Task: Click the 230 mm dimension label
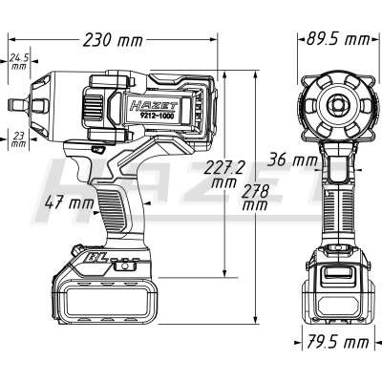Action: (x=113, y=40)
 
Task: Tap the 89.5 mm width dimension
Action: (x=338, y=40)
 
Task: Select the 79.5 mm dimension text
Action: (x=338, y=343)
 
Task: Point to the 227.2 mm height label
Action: (x=224, y=174)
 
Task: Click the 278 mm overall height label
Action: (x=255, y=199)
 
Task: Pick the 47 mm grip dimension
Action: (x=70, y=202)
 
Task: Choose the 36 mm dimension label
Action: (x=292, y=160)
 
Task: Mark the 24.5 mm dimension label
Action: (x=19, y=61)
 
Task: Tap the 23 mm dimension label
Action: (x=19, y=140)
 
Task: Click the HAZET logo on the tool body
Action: (x=155, y=104)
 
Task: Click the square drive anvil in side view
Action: (x=18, y=104)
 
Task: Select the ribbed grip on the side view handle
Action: (x=112, y=210)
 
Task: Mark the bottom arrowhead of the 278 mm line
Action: (x=255, y=320)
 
